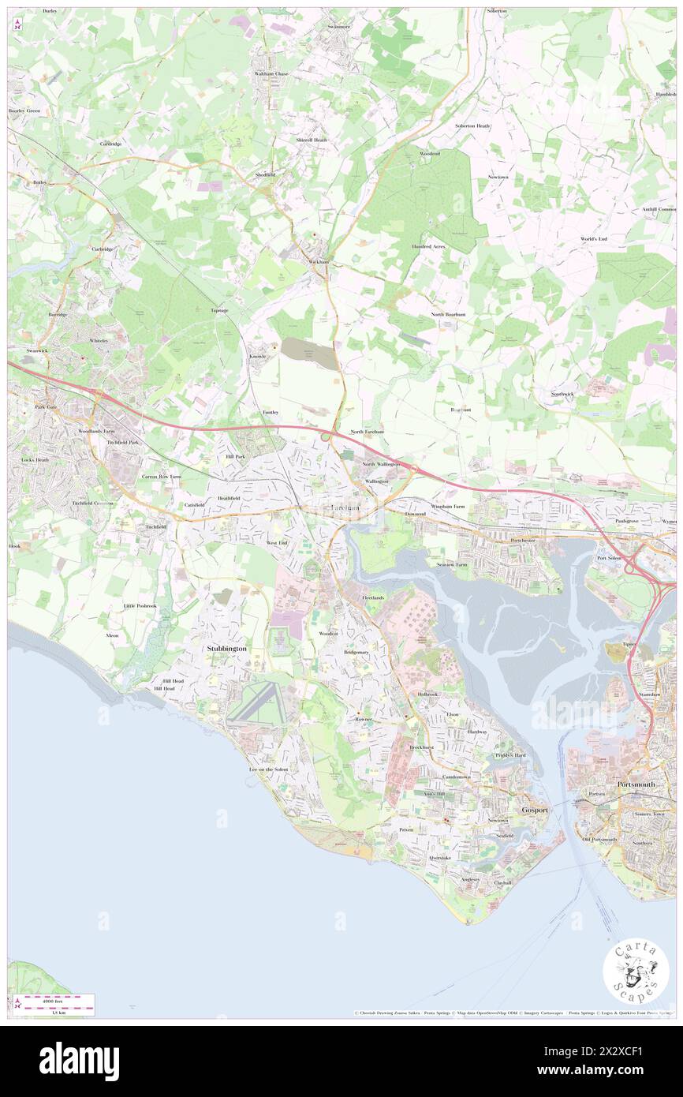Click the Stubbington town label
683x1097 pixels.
[x=226, y=648]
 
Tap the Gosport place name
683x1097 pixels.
[x=535, y=811]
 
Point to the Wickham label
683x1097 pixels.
[x=318, y=261]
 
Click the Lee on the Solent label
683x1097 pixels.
[x=268, y=769]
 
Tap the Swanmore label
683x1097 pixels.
[x=332, y=27]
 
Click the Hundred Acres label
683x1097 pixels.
[x=428, y=246]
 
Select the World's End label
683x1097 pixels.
[x=593, y=238]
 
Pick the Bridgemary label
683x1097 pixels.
[x=356, y=653]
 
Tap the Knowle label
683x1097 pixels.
[x=259, y=356]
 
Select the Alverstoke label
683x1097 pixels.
[x=439, y=857]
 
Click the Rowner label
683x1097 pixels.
[x=364, y=720]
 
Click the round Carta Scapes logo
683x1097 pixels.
[x=636, y=972]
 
